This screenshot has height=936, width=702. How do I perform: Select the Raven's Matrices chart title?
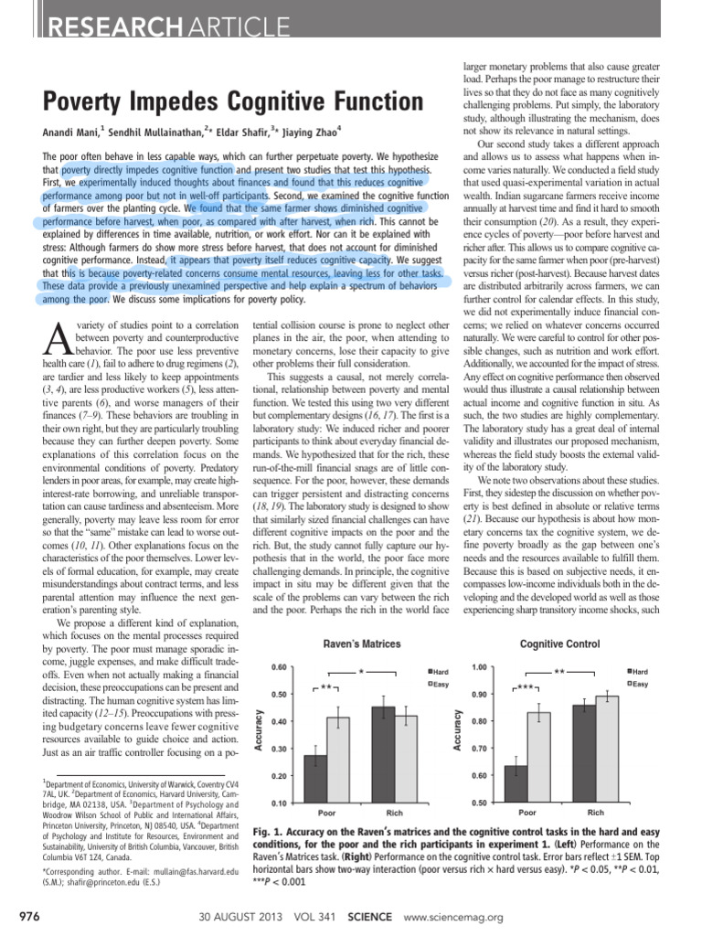tap(363, 643)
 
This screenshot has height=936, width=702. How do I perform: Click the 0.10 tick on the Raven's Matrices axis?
tap(279, 803)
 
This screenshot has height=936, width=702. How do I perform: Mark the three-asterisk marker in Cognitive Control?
tap(526, 686)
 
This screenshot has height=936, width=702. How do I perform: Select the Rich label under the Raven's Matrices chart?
tap(395, 812)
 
